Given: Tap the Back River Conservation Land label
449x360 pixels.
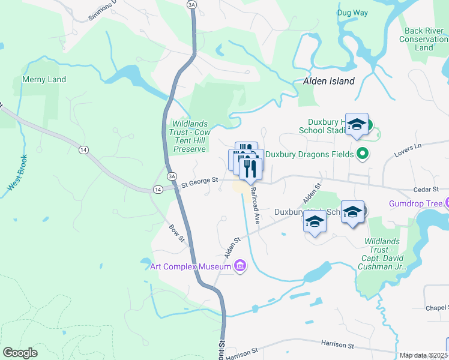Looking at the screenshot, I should (x=424, y=39).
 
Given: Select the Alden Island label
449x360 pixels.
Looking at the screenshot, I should (x=328, y=81).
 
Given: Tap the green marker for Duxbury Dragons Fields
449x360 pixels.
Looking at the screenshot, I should (x=361, y=153).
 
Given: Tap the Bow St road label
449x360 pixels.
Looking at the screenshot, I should (x=176, y=233).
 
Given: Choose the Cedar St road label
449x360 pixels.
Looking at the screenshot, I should (x=427, y=190).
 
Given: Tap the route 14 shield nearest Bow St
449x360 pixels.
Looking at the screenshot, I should (x=158, y=189).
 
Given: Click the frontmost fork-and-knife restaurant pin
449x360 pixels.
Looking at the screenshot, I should (x=250, y=169).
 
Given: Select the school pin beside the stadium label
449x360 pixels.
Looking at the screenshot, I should (x=357, y=125).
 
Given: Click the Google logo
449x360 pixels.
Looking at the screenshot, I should (x=20, y=353).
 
